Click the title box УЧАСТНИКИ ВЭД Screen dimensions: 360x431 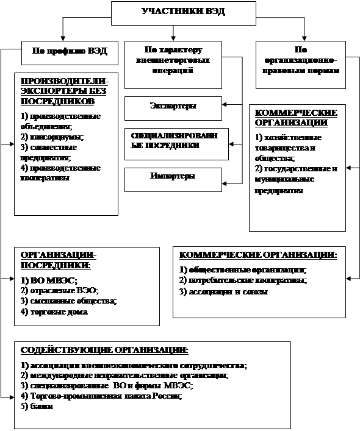[182, 11]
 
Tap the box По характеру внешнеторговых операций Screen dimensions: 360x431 [173, 60]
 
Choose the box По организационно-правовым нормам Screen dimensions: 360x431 [300, 60]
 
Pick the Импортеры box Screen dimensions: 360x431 [173, 177]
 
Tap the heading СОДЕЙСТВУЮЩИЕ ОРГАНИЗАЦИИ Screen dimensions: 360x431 [104, 350]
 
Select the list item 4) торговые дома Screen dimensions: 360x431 [54, 312]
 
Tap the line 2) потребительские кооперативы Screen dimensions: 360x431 [243, 280]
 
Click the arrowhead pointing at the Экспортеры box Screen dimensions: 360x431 [225, 105]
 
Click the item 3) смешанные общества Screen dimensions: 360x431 [68, 301]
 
